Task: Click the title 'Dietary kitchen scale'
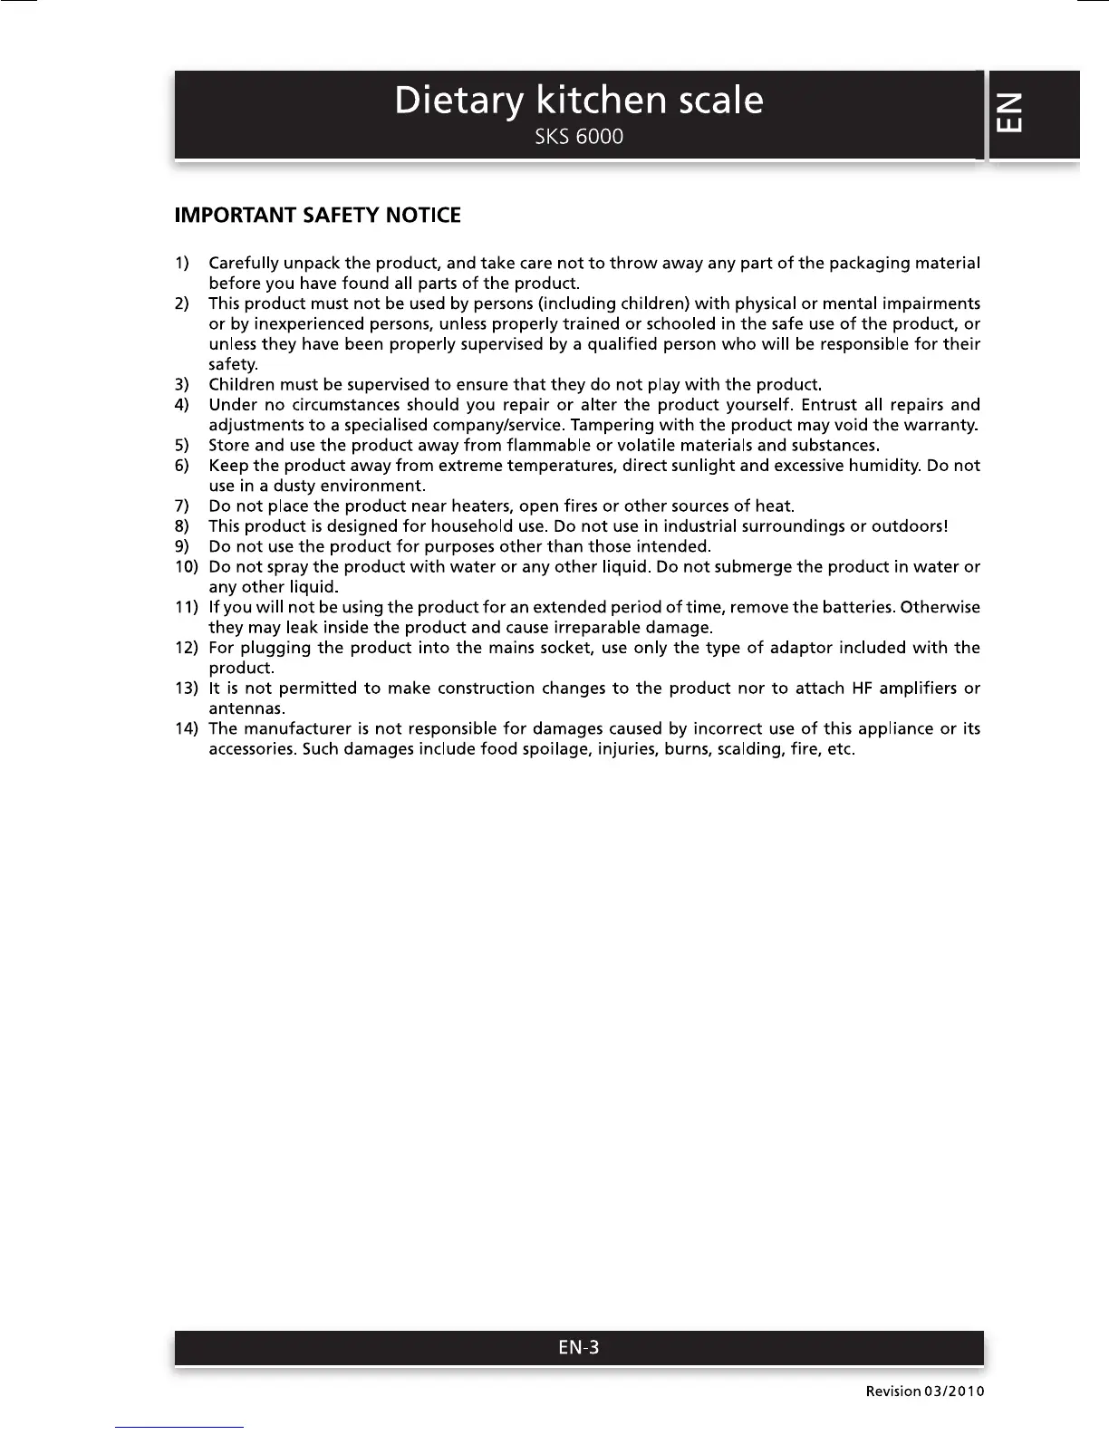[x=578, y=101]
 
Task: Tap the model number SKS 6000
[x=578, y=138]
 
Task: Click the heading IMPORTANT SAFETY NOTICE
[x=317, y=216]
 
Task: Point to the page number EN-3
[x=578, y=1347]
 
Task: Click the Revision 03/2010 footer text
[x=924, y=1392]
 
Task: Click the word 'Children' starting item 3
[x=242, y=385]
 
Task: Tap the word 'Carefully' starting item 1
[x=244, y=264]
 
